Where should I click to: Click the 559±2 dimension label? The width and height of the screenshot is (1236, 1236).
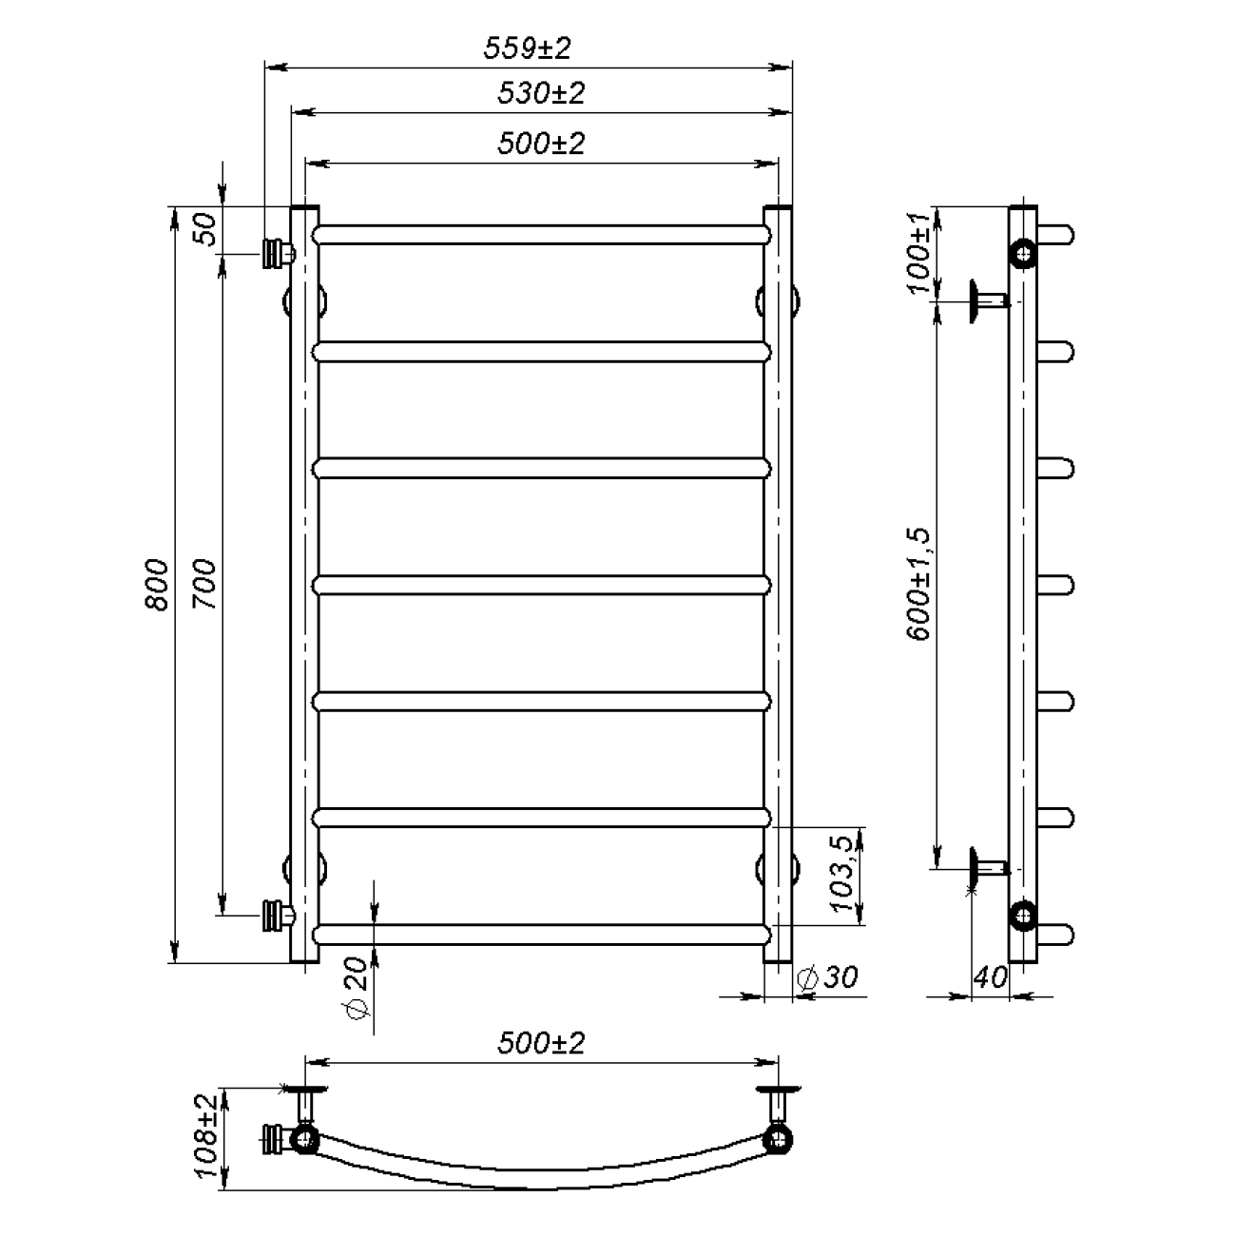527,48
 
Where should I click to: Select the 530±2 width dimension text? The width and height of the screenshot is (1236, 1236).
541,93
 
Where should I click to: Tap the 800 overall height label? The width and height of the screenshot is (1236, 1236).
157,585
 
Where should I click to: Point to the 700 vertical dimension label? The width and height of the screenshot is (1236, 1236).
204,585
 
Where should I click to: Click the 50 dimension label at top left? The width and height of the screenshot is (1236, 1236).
204,229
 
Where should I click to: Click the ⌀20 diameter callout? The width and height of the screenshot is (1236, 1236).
357,988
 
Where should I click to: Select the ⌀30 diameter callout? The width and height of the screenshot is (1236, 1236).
827,976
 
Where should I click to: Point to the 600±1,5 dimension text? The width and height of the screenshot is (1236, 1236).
917,584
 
